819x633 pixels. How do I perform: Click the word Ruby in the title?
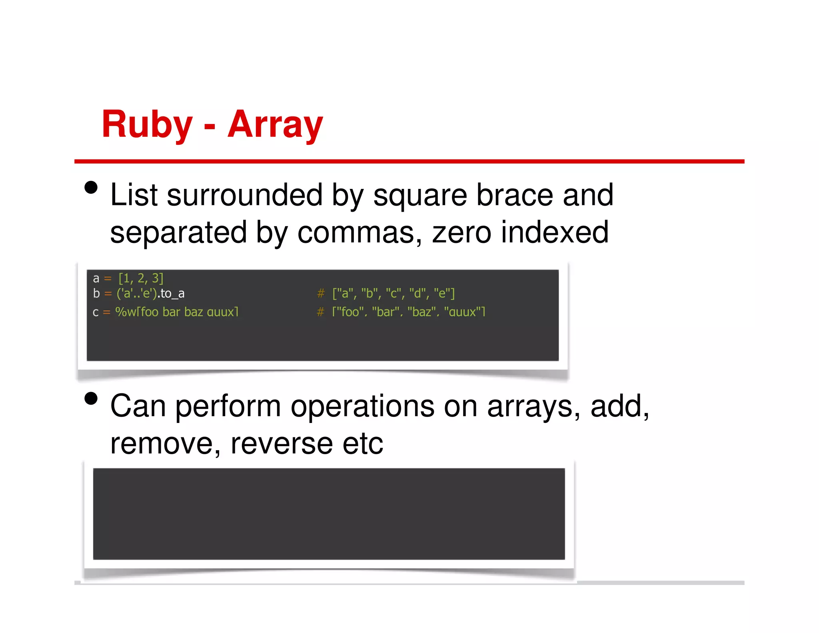coord(147,125)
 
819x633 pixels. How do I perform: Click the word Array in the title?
coord(275,125)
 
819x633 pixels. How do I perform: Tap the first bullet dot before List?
coord(91,187)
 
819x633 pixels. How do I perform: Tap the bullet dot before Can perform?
coord(91,399)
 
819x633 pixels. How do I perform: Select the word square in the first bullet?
coord(420,196)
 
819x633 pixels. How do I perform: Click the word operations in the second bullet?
coord(362,407)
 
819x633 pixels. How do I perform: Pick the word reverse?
coord(282,444)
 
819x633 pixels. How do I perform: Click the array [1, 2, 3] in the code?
coord(141,278)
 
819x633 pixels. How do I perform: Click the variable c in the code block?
coord(96,312)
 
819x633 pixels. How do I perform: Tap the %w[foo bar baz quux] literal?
coord(177,312)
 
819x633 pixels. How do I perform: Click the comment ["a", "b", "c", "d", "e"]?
coord(394,294)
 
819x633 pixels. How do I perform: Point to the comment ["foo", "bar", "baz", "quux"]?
coord(408,312)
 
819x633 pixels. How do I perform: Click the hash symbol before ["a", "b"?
coord(321,294)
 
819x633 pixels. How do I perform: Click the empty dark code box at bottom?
coord(329,514)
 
